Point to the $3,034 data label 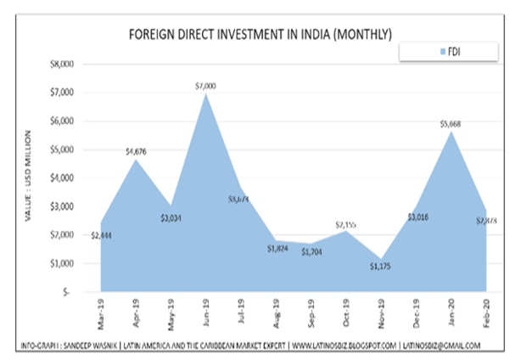(x=171, y=217)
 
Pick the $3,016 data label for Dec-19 (x=416, y=217)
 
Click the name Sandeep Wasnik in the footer (x=98, y=346)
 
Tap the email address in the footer (x=443, y=346)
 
